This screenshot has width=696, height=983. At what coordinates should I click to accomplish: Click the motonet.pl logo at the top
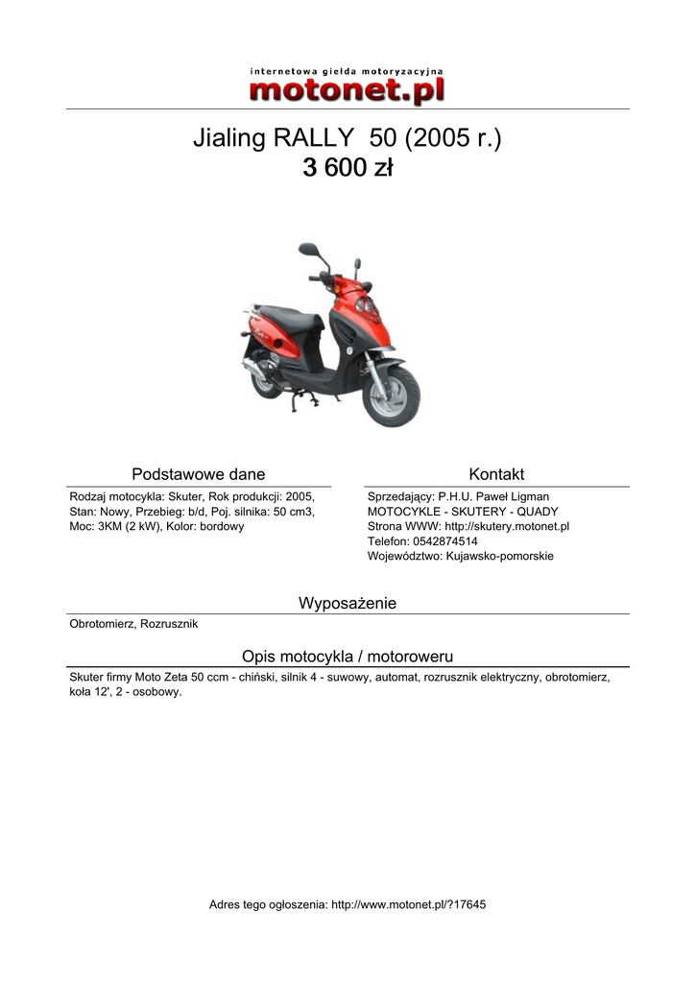[x=348, y=85]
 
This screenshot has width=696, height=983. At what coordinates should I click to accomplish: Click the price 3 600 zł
[x=348, y=169]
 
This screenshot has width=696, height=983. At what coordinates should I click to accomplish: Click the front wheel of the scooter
[x=393, y=396]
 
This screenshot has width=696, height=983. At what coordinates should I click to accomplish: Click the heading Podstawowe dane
[x=199, y=474]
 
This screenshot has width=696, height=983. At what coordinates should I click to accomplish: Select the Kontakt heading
[x=496, y=474]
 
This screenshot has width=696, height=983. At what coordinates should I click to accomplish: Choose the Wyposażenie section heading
[x=348, y=603]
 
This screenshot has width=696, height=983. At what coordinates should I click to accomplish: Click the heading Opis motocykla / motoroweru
[x=348, y=656]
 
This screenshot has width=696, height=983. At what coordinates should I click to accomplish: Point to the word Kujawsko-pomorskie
[x=499, y=556]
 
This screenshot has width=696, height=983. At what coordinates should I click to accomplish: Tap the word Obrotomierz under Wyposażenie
[x=101, y=624]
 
